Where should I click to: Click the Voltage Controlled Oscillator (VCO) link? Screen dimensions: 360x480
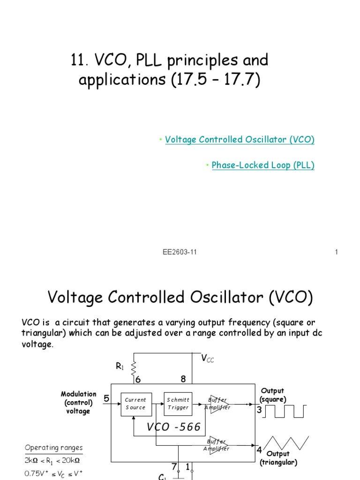pos(240,140)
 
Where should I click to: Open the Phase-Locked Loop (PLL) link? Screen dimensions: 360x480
pos(263,165)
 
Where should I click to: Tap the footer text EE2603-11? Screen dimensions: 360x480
pos(180,252)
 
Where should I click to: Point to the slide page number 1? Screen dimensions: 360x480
pos(337,252)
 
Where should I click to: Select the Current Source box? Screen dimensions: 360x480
pos(136,404)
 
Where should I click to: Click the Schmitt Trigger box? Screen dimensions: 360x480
pos(178,404)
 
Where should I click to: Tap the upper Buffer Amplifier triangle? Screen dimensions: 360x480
pos(219,404)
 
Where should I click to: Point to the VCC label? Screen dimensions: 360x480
pos(207,359)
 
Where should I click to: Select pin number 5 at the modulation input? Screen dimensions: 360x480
pos(106,399)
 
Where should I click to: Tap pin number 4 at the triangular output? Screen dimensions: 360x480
pos(259,450)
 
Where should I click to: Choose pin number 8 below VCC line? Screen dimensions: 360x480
pos(184,378)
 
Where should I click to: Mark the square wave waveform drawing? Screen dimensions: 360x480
pos(286,411)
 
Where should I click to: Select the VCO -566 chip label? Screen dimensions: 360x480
pos(173,427)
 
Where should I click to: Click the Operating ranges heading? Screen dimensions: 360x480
pos(53,448)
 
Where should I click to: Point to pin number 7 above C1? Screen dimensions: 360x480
pos(174,467)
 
